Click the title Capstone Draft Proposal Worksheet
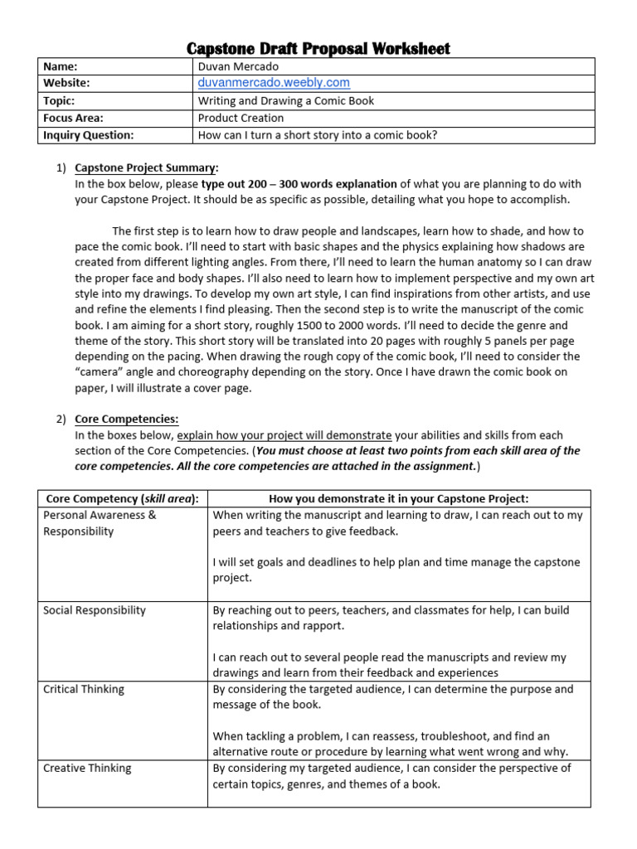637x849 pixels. point(318,48)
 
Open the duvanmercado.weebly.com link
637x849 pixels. point(273,83)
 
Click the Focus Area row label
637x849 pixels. point(73,118)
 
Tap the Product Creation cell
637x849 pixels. point(241,118)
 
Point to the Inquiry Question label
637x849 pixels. point(88,135)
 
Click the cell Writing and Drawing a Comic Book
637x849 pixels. point(285,100)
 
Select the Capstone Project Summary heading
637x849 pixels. point(147,167)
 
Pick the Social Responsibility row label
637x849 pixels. point(94,610)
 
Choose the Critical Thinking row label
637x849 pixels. point(83,689)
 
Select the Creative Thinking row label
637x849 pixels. point(86,768)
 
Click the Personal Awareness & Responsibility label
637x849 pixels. point(100,523)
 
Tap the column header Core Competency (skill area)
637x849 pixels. point(123,498)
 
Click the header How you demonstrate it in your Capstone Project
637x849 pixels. point(399,498)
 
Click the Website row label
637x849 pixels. point(66,83)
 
